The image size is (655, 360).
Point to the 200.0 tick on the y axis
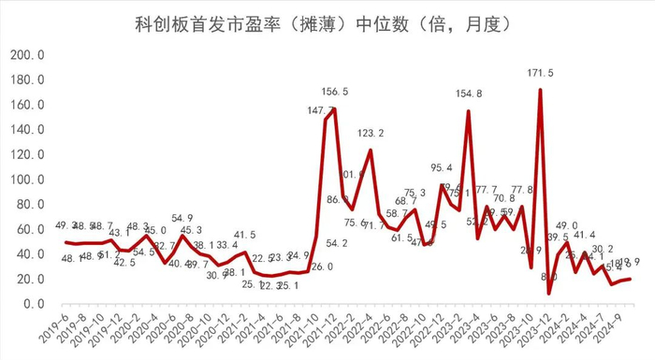27,55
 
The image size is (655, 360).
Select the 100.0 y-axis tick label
27,180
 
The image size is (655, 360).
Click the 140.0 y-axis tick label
27,130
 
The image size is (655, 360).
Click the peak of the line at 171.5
540,90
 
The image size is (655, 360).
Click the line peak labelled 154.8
468,111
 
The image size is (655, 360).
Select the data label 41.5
245,235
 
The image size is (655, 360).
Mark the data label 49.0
568,225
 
